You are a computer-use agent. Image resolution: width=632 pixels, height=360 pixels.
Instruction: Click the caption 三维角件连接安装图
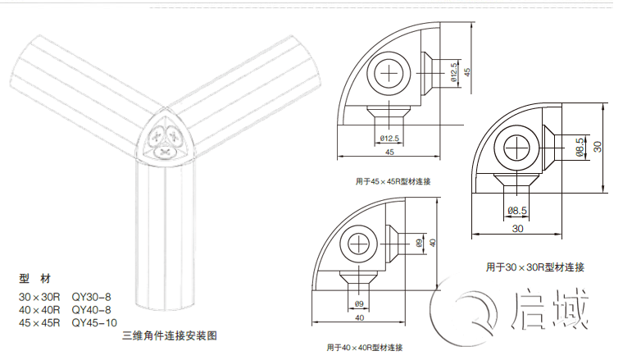coord(170,335)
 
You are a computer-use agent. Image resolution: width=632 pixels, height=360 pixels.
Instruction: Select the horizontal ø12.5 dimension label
coord(389,138)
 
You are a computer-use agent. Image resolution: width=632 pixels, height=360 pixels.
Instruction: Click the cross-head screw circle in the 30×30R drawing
coord(519,148)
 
